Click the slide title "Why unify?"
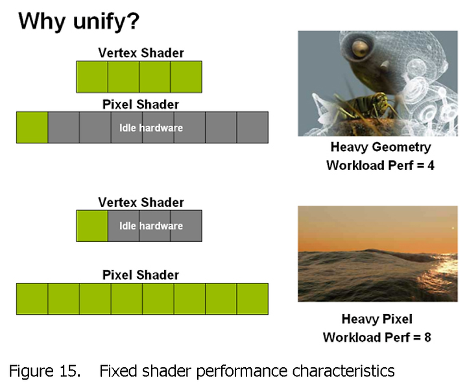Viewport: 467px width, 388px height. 79,21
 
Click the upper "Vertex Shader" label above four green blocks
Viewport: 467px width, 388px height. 141,53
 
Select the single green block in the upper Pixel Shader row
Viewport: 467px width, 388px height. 32,128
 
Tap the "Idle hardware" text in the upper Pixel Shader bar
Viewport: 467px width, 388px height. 151,128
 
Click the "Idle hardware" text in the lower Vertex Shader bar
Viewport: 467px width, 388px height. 151,226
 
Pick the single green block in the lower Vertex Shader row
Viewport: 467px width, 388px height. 92,226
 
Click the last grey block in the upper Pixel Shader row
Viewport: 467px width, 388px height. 252,128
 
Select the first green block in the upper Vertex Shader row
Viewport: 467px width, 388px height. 92,77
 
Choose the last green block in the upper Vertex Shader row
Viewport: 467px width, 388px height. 186,77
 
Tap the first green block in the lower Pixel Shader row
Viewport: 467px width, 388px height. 32,299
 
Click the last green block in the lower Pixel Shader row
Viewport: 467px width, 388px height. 252,299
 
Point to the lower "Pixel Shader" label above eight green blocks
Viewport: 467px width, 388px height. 141,274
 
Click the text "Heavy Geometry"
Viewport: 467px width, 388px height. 381,147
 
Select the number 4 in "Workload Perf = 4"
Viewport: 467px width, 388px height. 431,165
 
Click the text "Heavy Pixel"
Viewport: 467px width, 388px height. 377,319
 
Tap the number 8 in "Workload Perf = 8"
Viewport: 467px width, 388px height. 427,337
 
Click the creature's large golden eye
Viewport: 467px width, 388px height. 361,49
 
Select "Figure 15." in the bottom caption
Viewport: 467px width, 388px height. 45,371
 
